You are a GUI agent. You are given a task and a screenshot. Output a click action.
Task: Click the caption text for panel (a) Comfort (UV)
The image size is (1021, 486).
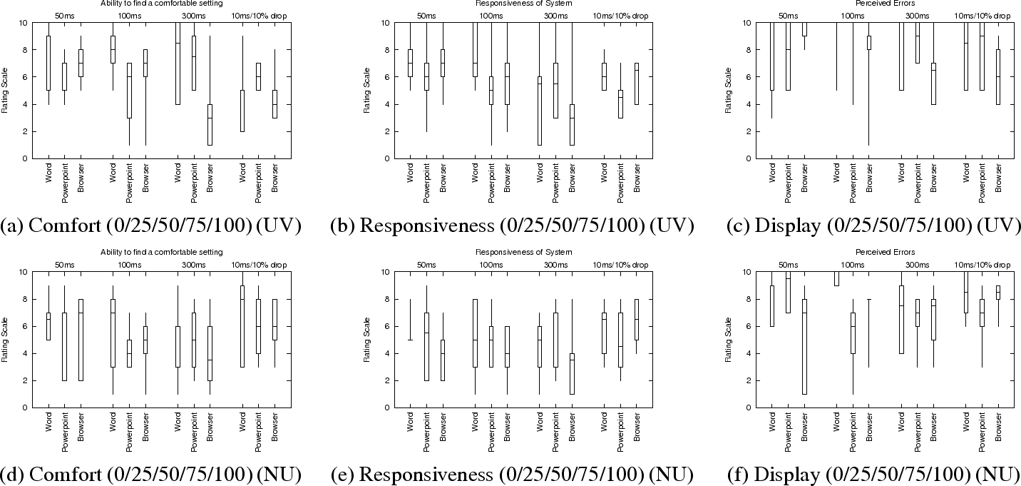(150, 226)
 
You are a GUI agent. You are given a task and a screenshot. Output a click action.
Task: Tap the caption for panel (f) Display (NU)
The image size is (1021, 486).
(873, 475)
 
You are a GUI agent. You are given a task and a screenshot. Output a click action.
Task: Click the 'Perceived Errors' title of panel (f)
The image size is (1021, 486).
(884, 252)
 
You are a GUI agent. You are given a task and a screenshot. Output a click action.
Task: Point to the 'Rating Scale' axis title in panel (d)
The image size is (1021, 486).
(5, 340)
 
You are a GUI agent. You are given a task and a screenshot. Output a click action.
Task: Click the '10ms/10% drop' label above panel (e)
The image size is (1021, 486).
(620, 265)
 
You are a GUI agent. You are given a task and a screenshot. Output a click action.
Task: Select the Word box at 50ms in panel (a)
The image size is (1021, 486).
(48, 63)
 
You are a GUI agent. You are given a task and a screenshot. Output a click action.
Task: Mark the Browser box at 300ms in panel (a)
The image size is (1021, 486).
(210, 125)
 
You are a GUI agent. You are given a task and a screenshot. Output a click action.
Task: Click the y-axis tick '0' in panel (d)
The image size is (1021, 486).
(26, 407)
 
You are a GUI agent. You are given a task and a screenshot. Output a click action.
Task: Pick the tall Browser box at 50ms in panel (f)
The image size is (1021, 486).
(804, 346)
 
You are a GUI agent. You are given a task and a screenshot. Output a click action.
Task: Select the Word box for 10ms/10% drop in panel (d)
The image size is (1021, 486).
(242, 326)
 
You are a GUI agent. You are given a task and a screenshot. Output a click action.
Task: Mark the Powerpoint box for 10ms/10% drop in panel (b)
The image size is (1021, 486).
(620, 104)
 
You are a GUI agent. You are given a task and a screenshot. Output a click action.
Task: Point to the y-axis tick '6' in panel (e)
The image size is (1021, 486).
(388, 326)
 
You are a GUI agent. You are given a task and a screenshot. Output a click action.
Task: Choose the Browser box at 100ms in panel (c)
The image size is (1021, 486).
(868, 43)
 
